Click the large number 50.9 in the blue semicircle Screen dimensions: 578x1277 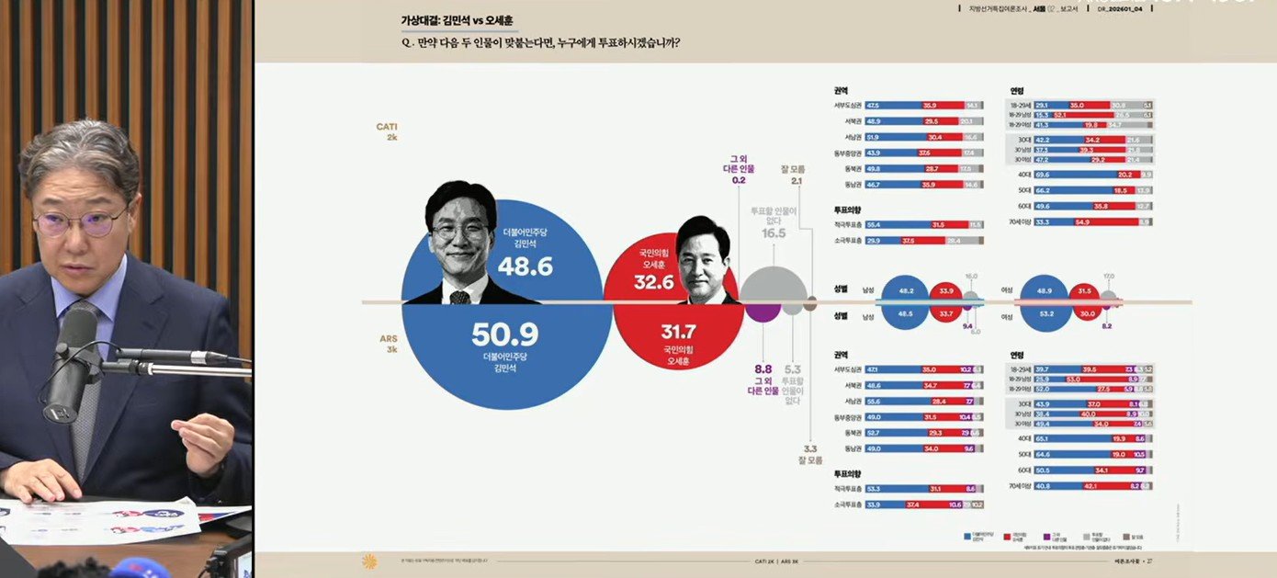(504, 334)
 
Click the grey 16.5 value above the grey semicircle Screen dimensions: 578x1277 (774, 233)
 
